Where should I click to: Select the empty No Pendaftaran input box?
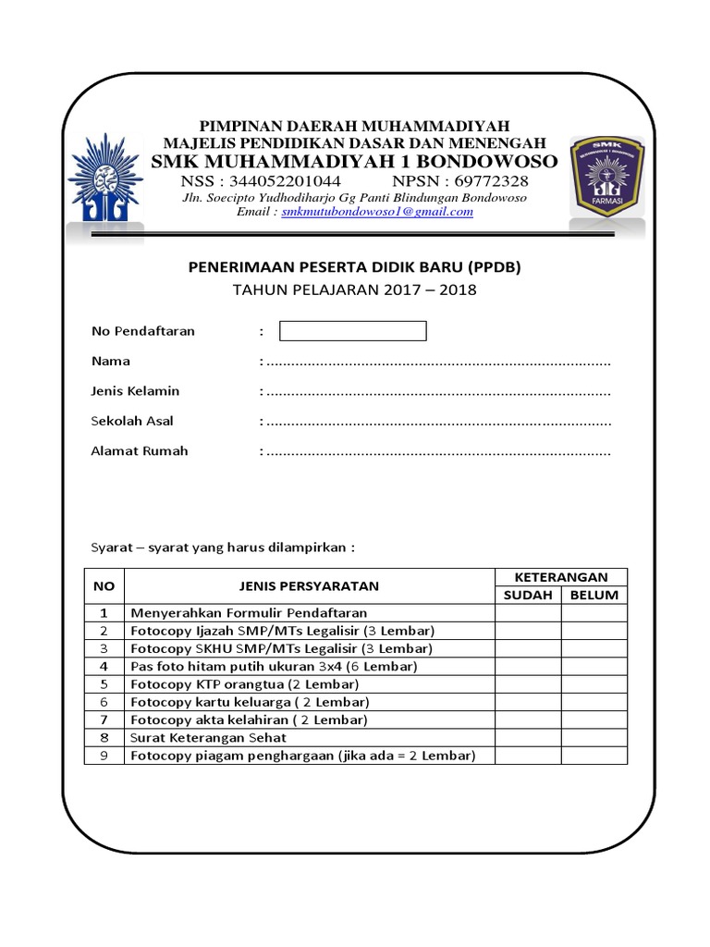point(352,331)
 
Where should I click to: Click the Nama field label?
point(110,361)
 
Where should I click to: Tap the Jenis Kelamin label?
point(135,391)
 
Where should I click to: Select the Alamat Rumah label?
point(139,451)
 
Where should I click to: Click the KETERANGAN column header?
point(560,576)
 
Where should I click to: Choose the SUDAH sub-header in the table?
point(527,595)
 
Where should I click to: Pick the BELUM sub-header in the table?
point(594,595)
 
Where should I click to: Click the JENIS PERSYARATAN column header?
point(309,585)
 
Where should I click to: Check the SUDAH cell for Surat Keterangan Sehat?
point(527,738)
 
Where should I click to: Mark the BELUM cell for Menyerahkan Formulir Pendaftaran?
point(594,612)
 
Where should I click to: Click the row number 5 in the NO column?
point(104,684)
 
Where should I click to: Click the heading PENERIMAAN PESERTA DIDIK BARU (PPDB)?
point(355,268)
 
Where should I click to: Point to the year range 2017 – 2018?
point(435,289)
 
